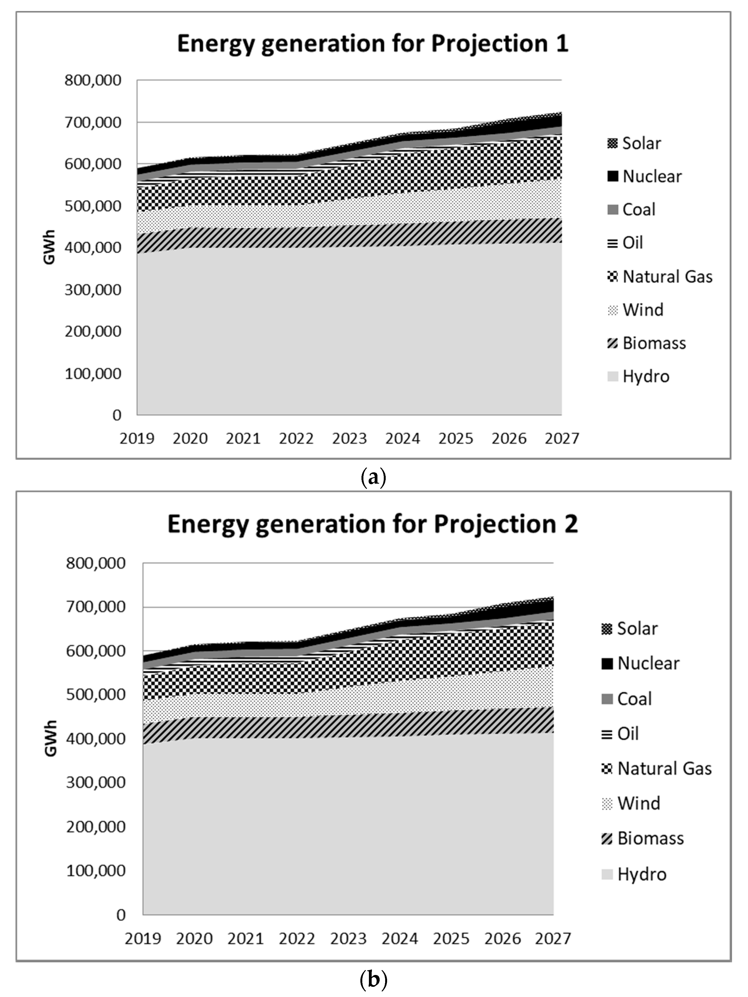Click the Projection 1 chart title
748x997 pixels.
point(372,44)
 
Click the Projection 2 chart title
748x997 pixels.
point(372,524)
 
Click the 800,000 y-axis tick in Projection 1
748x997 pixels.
point(93,81)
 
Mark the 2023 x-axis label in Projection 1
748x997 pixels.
point(349,438)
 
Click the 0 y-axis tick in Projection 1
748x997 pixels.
point(117,415)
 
